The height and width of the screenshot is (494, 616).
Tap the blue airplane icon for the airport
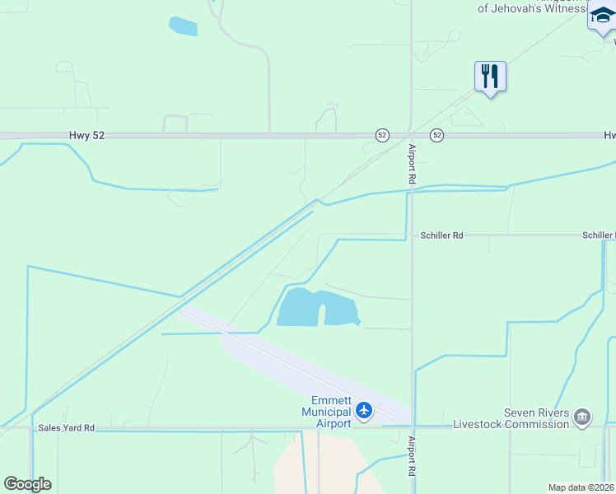365,410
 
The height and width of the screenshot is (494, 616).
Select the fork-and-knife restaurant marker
490,77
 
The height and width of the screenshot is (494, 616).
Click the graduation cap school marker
603,16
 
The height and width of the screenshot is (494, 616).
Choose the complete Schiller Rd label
441,235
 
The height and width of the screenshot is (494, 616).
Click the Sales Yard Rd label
67,428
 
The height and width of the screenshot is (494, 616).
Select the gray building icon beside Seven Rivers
582,417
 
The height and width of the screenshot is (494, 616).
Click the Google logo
27,484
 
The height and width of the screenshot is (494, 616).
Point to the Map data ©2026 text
581,487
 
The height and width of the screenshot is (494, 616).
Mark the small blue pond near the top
183,26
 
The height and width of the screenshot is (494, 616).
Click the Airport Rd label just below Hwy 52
413,163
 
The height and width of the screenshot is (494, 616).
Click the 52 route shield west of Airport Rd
382,135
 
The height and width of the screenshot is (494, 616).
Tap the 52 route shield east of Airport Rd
436,135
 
